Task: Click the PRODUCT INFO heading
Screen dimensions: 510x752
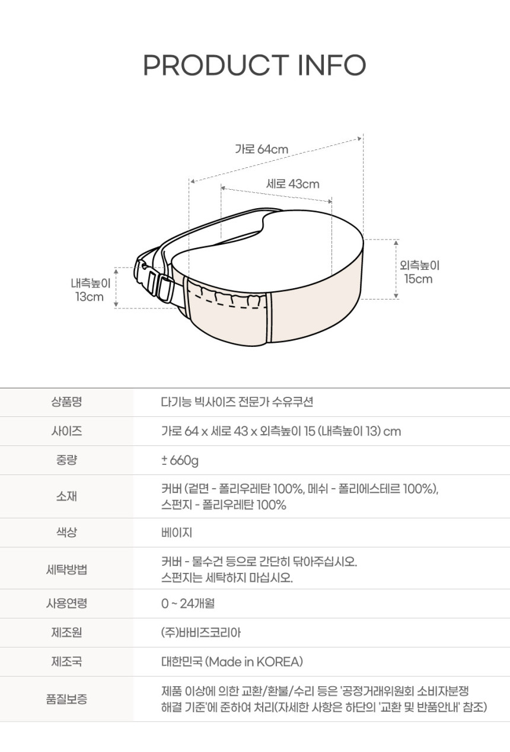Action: point(254,65)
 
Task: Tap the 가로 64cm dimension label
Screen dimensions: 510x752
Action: point(262,149)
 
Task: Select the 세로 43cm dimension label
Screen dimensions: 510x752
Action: point(293,184)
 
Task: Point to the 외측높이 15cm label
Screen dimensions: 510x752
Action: point(419,272)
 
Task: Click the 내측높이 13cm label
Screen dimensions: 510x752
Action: point(91,290)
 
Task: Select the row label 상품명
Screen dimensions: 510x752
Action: point(66,402)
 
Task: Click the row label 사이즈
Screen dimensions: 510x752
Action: point(66,431)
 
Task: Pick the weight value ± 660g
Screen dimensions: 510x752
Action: point(180,460)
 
